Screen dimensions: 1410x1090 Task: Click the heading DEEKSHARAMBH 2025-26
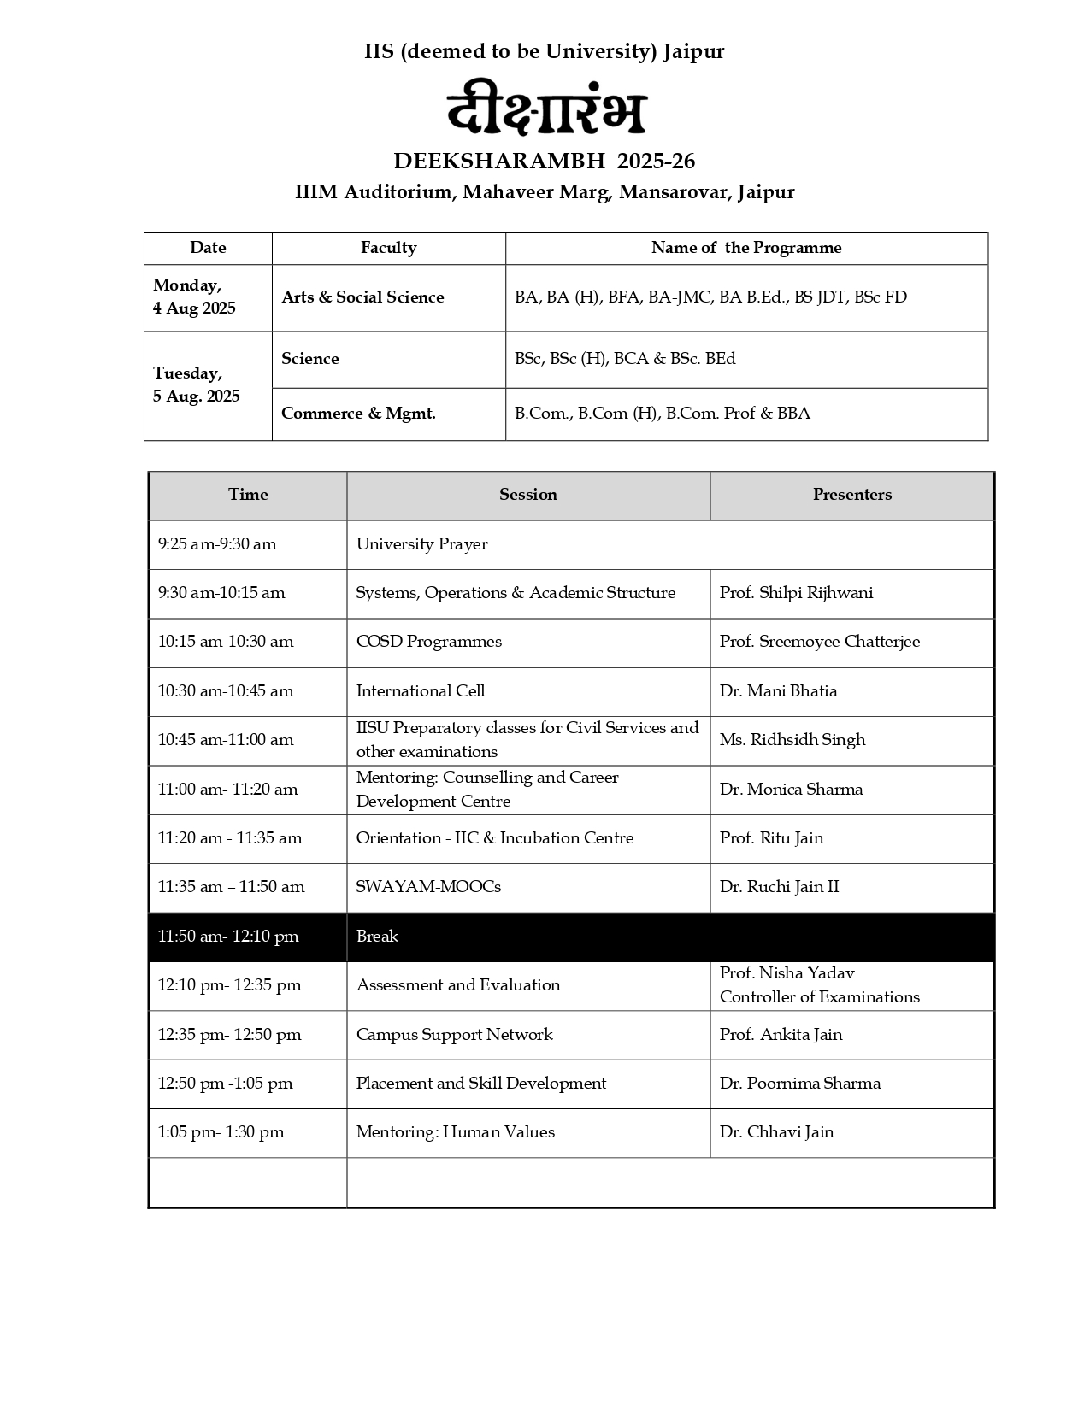pyautogui.click(x=544, y=161)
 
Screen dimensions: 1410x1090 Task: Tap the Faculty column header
pyautogui.click(x=388, y=248)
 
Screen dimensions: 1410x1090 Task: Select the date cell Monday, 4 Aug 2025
pyautogui.click(x=194, y=297)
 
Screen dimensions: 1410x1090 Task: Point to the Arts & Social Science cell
pyautogui.click(x=362, y=297)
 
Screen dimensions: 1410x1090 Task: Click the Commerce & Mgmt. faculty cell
pyautogui.click(x=358, y=414)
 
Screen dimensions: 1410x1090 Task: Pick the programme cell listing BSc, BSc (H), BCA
pyautogui.click(x=624, y=359)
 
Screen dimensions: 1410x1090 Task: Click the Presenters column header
pyautogui.click(x=851, y=495)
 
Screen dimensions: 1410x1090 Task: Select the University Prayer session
pyautogui.click(x=421, y=544)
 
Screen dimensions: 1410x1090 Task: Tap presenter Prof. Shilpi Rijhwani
pyautogui.click(x=796, y=593)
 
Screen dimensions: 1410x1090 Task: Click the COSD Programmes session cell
pyautogui.click(x=428, y=642)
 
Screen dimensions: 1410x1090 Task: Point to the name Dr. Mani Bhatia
pyautogui.click(x=778, y=691)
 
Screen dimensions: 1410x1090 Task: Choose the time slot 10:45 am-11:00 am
pyautogui.click(x=226, y=740)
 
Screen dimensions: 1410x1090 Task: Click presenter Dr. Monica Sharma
pyautogui.click(x=791, y=790)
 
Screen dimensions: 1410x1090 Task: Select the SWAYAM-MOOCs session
pyautogui.click(x=428, y=887)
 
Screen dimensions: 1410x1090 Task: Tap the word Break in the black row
pyautogui.click(x=377, y=937)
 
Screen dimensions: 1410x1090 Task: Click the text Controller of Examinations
pyautogui.click(x=819, y=997)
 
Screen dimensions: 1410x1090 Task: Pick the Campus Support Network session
pyautogui.click(x=454, y=1035)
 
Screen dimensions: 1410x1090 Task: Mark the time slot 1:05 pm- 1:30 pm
pyautogui.click(x=221, y=1132)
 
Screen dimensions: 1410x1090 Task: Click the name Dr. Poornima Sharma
pyautogui.click(x=799, y=1084)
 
